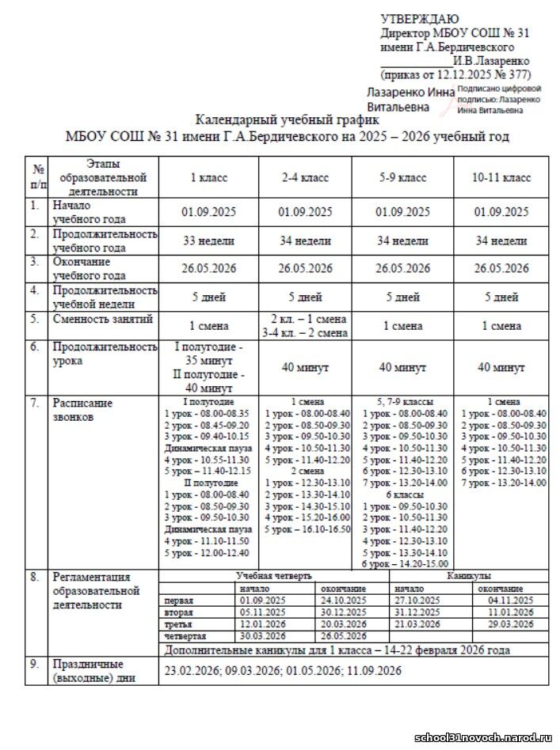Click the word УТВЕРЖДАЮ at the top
[x=419, y=19]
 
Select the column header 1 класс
[x=209, y=179]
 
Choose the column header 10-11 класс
[x=501, y=179]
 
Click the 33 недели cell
[x=209, y=241]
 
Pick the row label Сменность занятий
[x=102, y=319]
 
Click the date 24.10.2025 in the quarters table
[x=342, y=600]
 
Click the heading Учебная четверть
[x=274, y=576]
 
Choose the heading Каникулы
[x=471, y=576]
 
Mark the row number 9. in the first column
[x=35, y=665]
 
